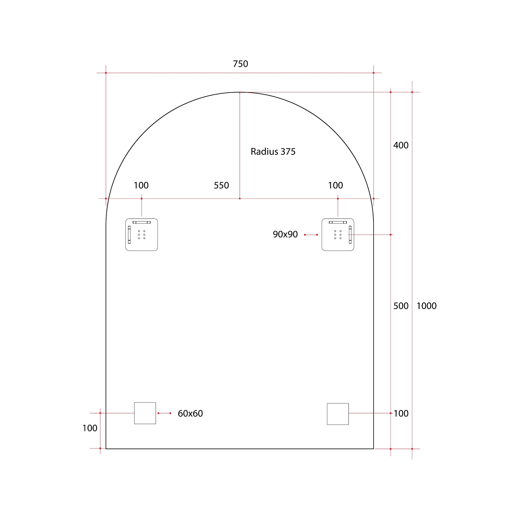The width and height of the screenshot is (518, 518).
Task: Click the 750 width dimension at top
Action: (240, 64)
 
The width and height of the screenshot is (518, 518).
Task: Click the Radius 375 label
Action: (273, 152)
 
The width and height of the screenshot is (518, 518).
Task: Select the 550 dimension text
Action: (221, 185)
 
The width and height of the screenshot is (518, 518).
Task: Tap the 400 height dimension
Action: (401, 145)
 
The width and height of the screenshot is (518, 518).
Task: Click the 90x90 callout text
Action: (285, 234)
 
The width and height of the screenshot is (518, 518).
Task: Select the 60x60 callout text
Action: (190, 414)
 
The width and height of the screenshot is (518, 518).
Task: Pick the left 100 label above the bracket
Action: (141, 185)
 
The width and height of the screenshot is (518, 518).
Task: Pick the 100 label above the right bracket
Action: (335, 185)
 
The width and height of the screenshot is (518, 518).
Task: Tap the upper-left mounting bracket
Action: (142, 235)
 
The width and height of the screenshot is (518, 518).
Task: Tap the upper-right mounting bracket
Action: (338, 235)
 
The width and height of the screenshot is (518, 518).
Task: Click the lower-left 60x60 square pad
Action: (145, 413)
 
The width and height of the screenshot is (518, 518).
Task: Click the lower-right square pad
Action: (338, 414)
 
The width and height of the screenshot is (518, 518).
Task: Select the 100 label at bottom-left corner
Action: (90, 428)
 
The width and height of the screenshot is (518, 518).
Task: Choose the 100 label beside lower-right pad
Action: (401, 414)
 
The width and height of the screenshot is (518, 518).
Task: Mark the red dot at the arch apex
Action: (240, 92)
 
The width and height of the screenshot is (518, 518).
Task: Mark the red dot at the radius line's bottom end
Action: (240, 199)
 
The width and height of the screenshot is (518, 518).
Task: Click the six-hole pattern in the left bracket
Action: (142, 235)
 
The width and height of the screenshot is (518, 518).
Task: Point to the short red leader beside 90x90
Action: (311, 235)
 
